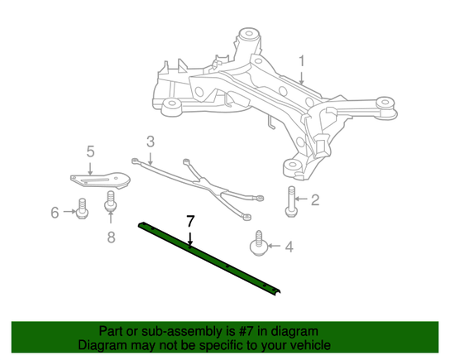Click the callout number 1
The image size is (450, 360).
pos(301,62)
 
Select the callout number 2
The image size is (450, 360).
pos(315,199)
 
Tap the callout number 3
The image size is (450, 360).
pos(151,142)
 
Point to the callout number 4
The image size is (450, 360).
pos(289,247)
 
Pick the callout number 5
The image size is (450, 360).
pos(90,151)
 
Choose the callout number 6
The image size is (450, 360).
pos(55,213)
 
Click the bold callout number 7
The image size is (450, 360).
pos(190,221)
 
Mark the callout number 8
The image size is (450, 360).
pos(111,238)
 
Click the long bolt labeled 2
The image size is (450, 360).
pos(291,201)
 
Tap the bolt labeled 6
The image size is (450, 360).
pos(82,209)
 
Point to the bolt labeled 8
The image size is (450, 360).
pos(111,201)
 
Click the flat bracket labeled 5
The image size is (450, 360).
pos(100,180)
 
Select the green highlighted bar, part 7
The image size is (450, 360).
pos(209,257)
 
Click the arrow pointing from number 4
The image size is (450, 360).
pos(275,246)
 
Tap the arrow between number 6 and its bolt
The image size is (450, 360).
pos(69,212)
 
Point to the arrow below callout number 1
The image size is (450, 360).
pos(301,78)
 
